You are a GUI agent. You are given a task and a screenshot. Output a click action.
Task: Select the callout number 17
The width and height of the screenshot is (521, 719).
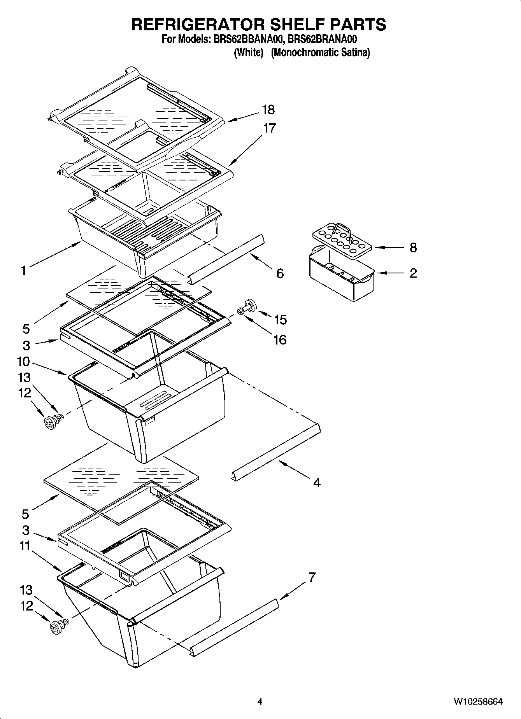pos(269,128)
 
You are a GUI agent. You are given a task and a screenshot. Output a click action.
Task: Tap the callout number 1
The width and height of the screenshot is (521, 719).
pos(24,270)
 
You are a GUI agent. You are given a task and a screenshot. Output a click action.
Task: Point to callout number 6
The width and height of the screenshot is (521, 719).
pos(280,273)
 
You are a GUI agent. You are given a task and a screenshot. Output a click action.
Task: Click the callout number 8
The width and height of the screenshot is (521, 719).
pos(413,247)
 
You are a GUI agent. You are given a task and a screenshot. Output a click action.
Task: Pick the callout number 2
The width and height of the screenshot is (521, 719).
pos(413,273)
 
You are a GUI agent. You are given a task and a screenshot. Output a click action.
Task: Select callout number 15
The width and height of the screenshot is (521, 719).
pos(280,320)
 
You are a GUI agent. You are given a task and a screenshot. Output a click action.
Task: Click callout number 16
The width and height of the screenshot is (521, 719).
pos(280,340)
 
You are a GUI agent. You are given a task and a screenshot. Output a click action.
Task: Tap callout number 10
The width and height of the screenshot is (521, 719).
pos(23,362)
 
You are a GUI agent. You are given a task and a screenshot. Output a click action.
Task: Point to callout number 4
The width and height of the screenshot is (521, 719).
pos(317,483)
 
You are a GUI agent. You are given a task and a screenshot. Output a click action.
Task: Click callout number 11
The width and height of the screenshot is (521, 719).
pos(25,546)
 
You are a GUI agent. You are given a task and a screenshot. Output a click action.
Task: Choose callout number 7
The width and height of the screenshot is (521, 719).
pos(312,577)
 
